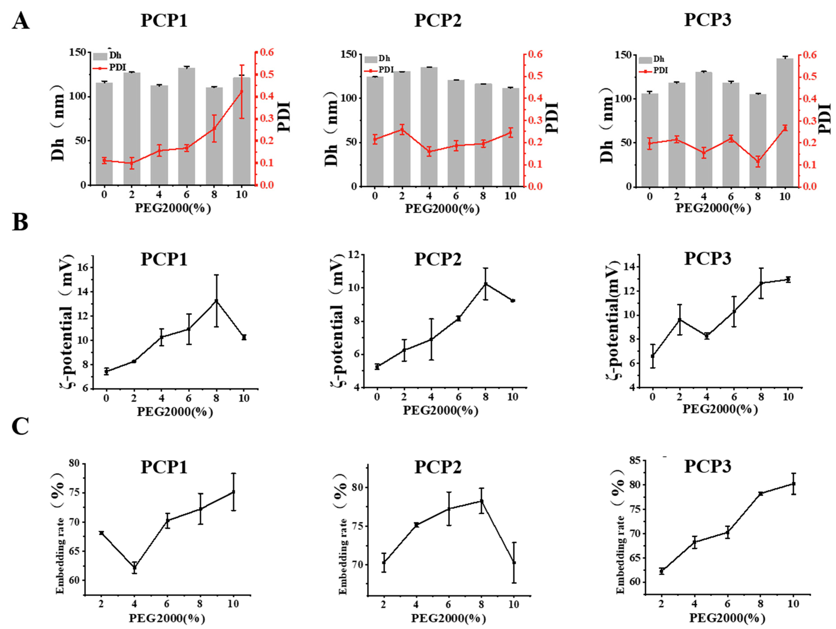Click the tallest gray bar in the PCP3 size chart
click(x=785, y=121)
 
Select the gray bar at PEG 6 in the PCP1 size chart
click(x=187, y=126)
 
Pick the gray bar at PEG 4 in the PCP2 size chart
click(x=429, y=126)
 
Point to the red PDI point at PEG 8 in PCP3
click(x=758, y=161)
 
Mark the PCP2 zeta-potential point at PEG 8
click(x=486, y=284)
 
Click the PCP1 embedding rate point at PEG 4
click(x=134, y=567)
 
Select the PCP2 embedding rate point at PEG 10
click(x=514, y=562)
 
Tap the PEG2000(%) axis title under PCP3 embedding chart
click(x=727, y=618)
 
